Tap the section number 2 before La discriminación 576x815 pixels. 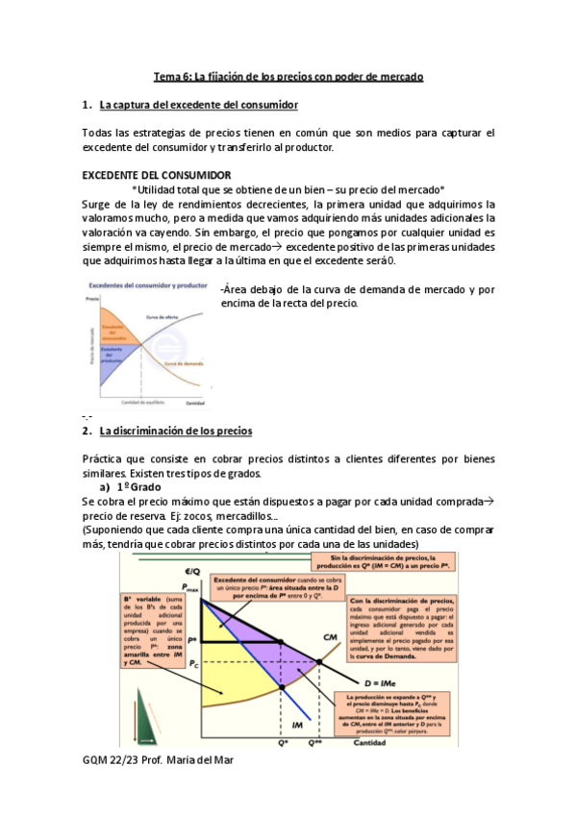(87, 431)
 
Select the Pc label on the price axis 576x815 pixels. (193, 663)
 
